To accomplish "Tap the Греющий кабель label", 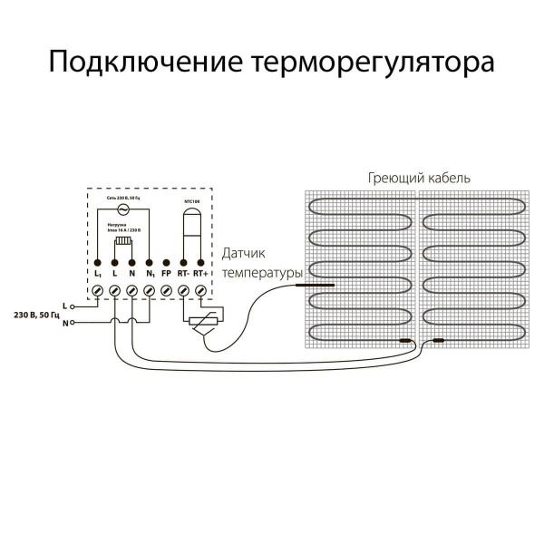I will tap(419, 178).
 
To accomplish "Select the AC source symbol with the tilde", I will tap(121, 208).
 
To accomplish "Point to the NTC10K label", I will tap(193, 199).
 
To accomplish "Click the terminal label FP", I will tap(167, 272).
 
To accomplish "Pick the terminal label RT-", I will tap(184, 272).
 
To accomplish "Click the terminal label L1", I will tap(97, 272).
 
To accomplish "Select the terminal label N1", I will tap(150, 272).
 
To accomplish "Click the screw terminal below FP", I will tap(167, 289).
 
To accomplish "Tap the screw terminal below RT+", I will tap(201, 289).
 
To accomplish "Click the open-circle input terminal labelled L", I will tap(73, 306).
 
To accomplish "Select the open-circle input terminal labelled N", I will tap(73, 323).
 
